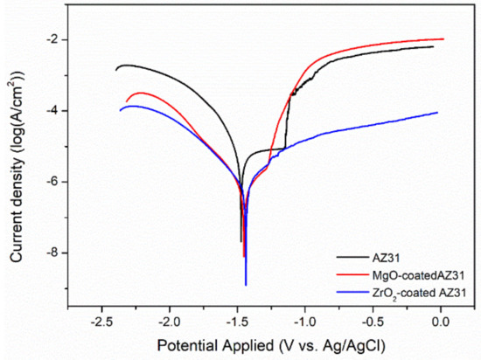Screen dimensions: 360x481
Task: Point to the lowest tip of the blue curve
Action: coord(246,285)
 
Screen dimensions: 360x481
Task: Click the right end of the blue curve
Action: coord(437,112)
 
